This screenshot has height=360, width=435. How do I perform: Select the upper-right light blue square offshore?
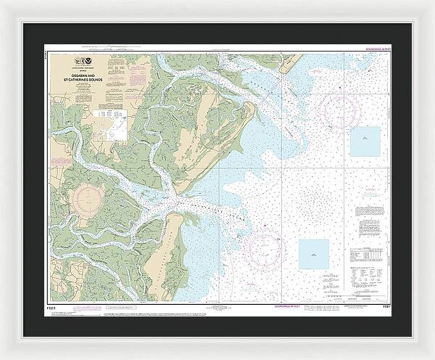365,141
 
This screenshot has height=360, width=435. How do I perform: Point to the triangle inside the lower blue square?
313,254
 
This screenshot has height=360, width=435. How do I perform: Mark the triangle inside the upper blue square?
365,141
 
